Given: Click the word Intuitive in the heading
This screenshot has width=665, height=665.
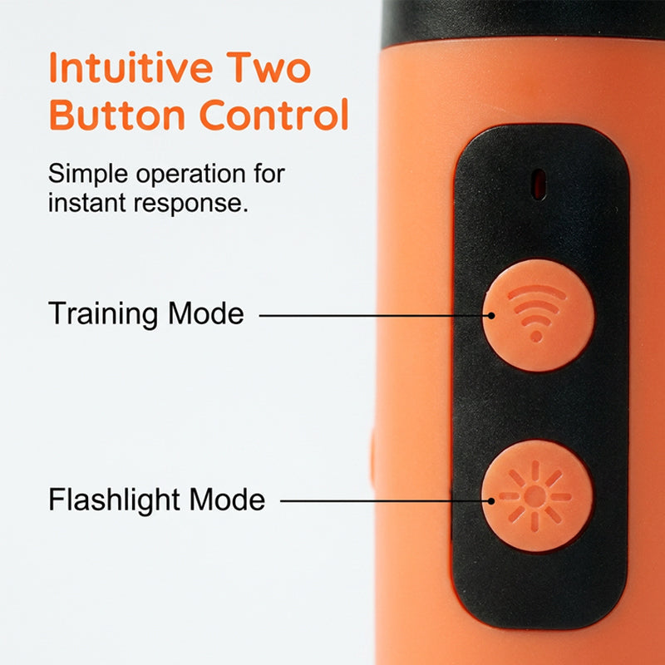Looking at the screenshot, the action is click(x=131, y=67).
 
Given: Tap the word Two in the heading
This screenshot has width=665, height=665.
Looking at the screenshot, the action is click(x=268, y=67).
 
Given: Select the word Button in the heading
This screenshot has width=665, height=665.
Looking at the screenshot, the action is click(x=117, y=114).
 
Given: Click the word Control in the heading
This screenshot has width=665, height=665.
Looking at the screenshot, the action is click(x=273, y=114).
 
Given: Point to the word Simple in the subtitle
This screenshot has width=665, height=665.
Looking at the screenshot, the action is click(x=88, y=174).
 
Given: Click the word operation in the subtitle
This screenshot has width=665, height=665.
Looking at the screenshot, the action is click(x=191, y=175).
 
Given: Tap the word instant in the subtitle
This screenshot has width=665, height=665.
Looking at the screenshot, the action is click(x=87, y=203).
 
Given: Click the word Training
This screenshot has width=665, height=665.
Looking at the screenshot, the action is click(x=102, y=314).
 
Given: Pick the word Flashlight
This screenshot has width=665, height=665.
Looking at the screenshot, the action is click(x=114, y=500).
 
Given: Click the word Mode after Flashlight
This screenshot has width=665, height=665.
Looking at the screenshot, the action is click(x=227, y=500).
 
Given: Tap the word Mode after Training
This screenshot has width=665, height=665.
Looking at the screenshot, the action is click(x=205, y=313).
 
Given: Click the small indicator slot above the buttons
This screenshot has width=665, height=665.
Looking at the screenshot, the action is click(x=539, y=184).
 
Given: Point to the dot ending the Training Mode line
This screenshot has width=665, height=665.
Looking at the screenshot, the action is click(x=491, y=316).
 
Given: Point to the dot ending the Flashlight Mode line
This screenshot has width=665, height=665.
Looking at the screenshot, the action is click(x=491, y=501).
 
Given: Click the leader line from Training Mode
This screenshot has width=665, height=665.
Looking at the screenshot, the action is click(x=375, y=316).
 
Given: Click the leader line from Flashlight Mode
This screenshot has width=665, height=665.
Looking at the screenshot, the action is click(x=386, y=501).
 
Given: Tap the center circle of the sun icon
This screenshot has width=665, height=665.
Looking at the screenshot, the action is click(x=535, y=496).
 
